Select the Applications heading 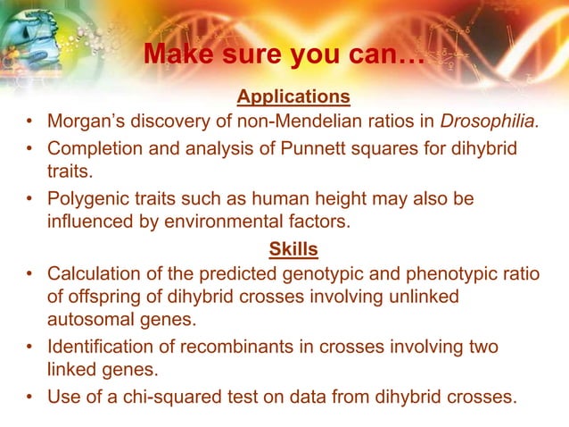(x=293, y=96)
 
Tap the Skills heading (x=293, y=248)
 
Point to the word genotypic (x=309, y=273)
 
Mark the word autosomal (x=87, y=320)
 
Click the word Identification (x=95, y=346)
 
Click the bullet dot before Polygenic (x=30, y=198)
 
